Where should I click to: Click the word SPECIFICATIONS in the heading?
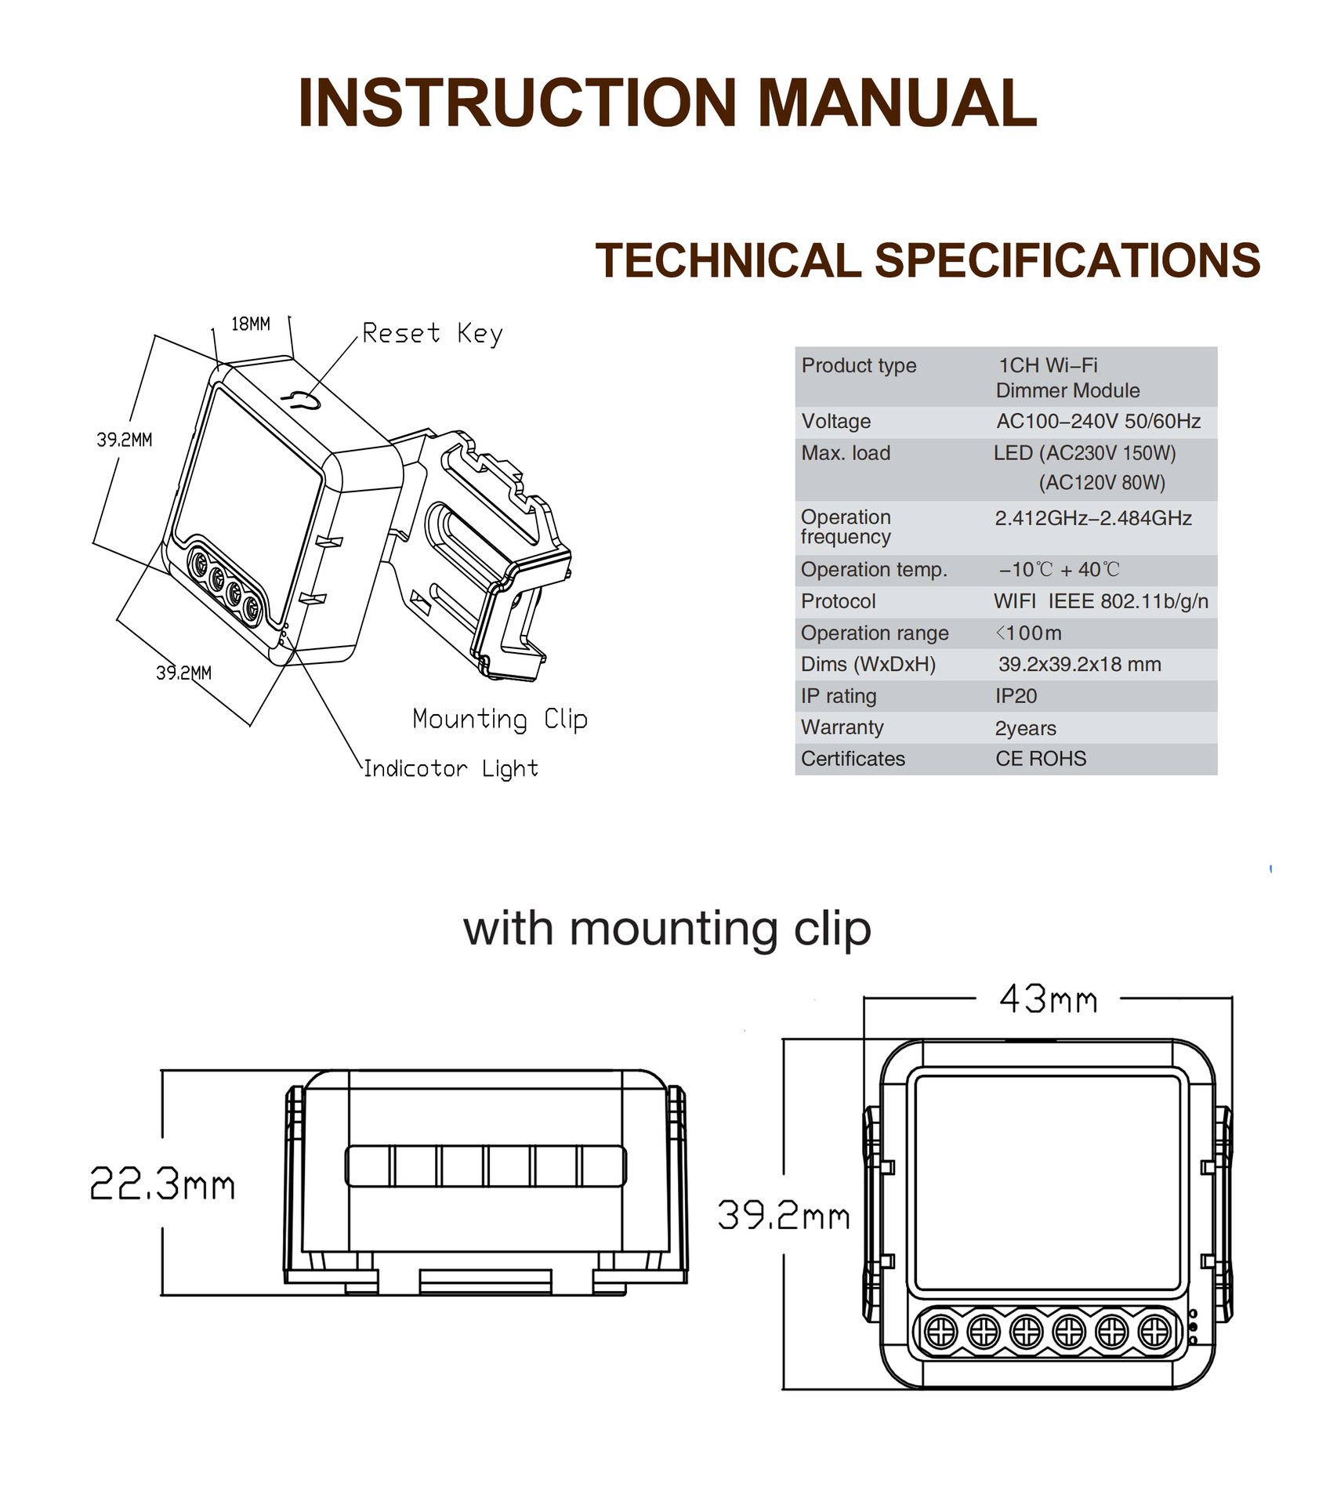[x=1067, y=260]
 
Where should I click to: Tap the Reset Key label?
[x=432, y=334]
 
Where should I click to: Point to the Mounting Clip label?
[x=499, y=719]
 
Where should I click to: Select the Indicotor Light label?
[x=451, y=769]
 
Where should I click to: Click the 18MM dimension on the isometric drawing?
[x=251, y=324]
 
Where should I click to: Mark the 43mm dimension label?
[x=1048, y=1000]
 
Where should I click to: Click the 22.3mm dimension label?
[x=162, y=1184]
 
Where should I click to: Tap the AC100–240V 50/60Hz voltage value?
[x=1098, y=422]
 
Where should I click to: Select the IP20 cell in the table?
[x=1016, y=696]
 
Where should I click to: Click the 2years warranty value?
[x=1025, y=728]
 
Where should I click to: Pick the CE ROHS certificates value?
[x=1041, y=759]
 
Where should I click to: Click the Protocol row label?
[x=838, y=601]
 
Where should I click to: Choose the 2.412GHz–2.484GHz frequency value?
[x=1093, y=518]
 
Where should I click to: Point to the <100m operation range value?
[x=1028, y=633]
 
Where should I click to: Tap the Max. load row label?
[x=846, y=453]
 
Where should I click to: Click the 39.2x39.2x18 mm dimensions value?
[x=1079, y=665]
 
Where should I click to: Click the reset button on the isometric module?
[x=302, y=401]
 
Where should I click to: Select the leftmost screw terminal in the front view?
[x=940, y=1331]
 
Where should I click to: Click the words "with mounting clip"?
[x=667, y=930]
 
